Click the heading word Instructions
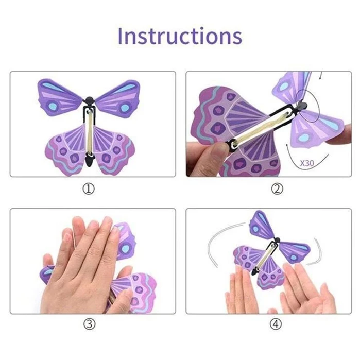[180, 36]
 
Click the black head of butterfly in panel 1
[90, 99]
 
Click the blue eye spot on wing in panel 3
[125, 248]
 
